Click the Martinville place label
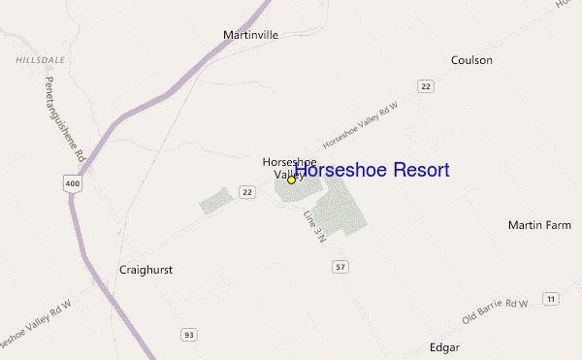click(250, 35)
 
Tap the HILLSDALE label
click(40, 59)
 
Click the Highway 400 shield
click(74, 181)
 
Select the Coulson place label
click(471, 60)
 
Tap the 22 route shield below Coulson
click(426, 86)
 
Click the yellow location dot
click(291, 180)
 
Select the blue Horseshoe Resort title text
click(372, 171)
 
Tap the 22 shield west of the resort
click(248, 192)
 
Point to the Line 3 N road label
click(313, 226)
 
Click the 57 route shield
click(339, 267)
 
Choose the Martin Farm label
click(539, 225)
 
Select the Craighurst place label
click(145, 270)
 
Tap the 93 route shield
click(188, 335)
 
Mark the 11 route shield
click(550, 298)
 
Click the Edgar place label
click(444, 346)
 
